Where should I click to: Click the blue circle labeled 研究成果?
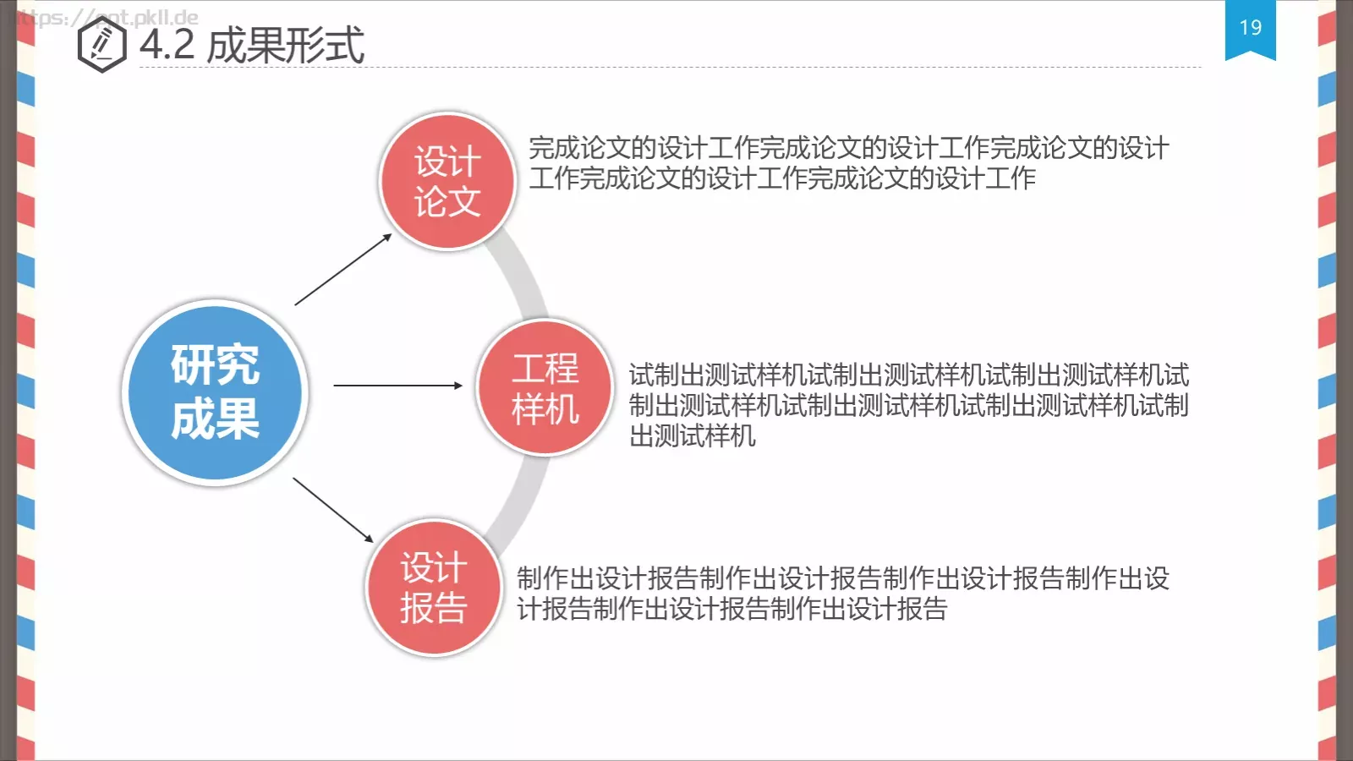(216, 392)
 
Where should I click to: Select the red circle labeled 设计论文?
(447, 182)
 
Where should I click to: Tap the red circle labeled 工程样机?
(545, 387)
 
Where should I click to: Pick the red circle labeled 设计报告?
(434, 588)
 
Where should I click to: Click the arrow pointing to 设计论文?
(343, 269)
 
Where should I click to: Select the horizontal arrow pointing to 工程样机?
(397, 386)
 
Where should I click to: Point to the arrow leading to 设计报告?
(333, 510)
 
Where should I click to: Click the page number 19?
(1250, 28)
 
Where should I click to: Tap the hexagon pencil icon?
(101, 44)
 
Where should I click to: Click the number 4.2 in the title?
(167, 45)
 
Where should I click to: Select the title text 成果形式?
(286, 45)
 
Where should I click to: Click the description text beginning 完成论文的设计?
(848, 163)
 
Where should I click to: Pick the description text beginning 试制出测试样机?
(908, 405)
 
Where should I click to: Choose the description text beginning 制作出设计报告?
(842, 594)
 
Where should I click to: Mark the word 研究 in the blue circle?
(216, 364)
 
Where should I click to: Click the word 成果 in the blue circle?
(216, 419)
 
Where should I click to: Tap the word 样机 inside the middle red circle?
(545, 409)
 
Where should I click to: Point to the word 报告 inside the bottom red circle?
(434, 609)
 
